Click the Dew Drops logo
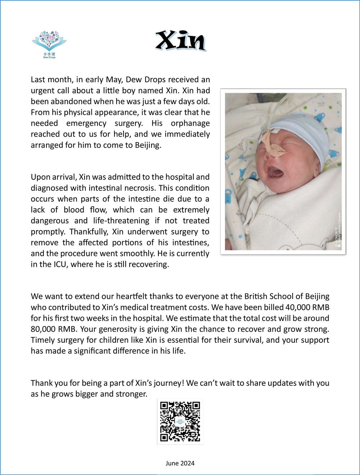[49, 44]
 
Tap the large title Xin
[181, 41]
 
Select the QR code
[180, 421]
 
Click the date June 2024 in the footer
[180, 463]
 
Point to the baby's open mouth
[276, 172]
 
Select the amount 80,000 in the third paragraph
[44, 329]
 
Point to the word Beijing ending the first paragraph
[148, 145]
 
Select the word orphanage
[190, 123]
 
